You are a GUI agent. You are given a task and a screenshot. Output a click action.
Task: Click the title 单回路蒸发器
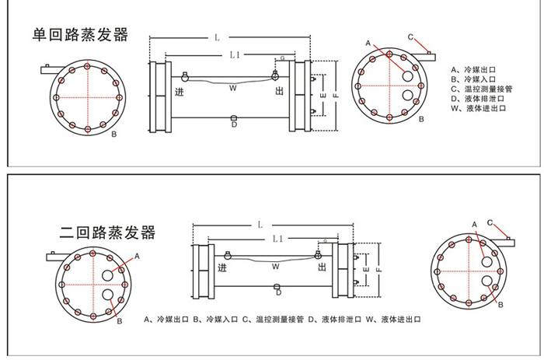coord(79,35)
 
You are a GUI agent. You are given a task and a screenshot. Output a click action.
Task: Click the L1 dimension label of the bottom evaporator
coord(279,238)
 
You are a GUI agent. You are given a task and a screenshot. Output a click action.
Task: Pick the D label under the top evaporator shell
coord(234,125)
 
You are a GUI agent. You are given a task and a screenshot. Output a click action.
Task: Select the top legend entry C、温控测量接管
coord(486,89)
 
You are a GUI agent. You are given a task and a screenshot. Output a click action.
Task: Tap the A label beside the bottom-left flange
coord(138,255)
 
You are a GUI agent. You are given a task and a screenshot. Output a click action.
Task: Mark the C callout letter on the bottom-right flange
coord(490,222)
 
